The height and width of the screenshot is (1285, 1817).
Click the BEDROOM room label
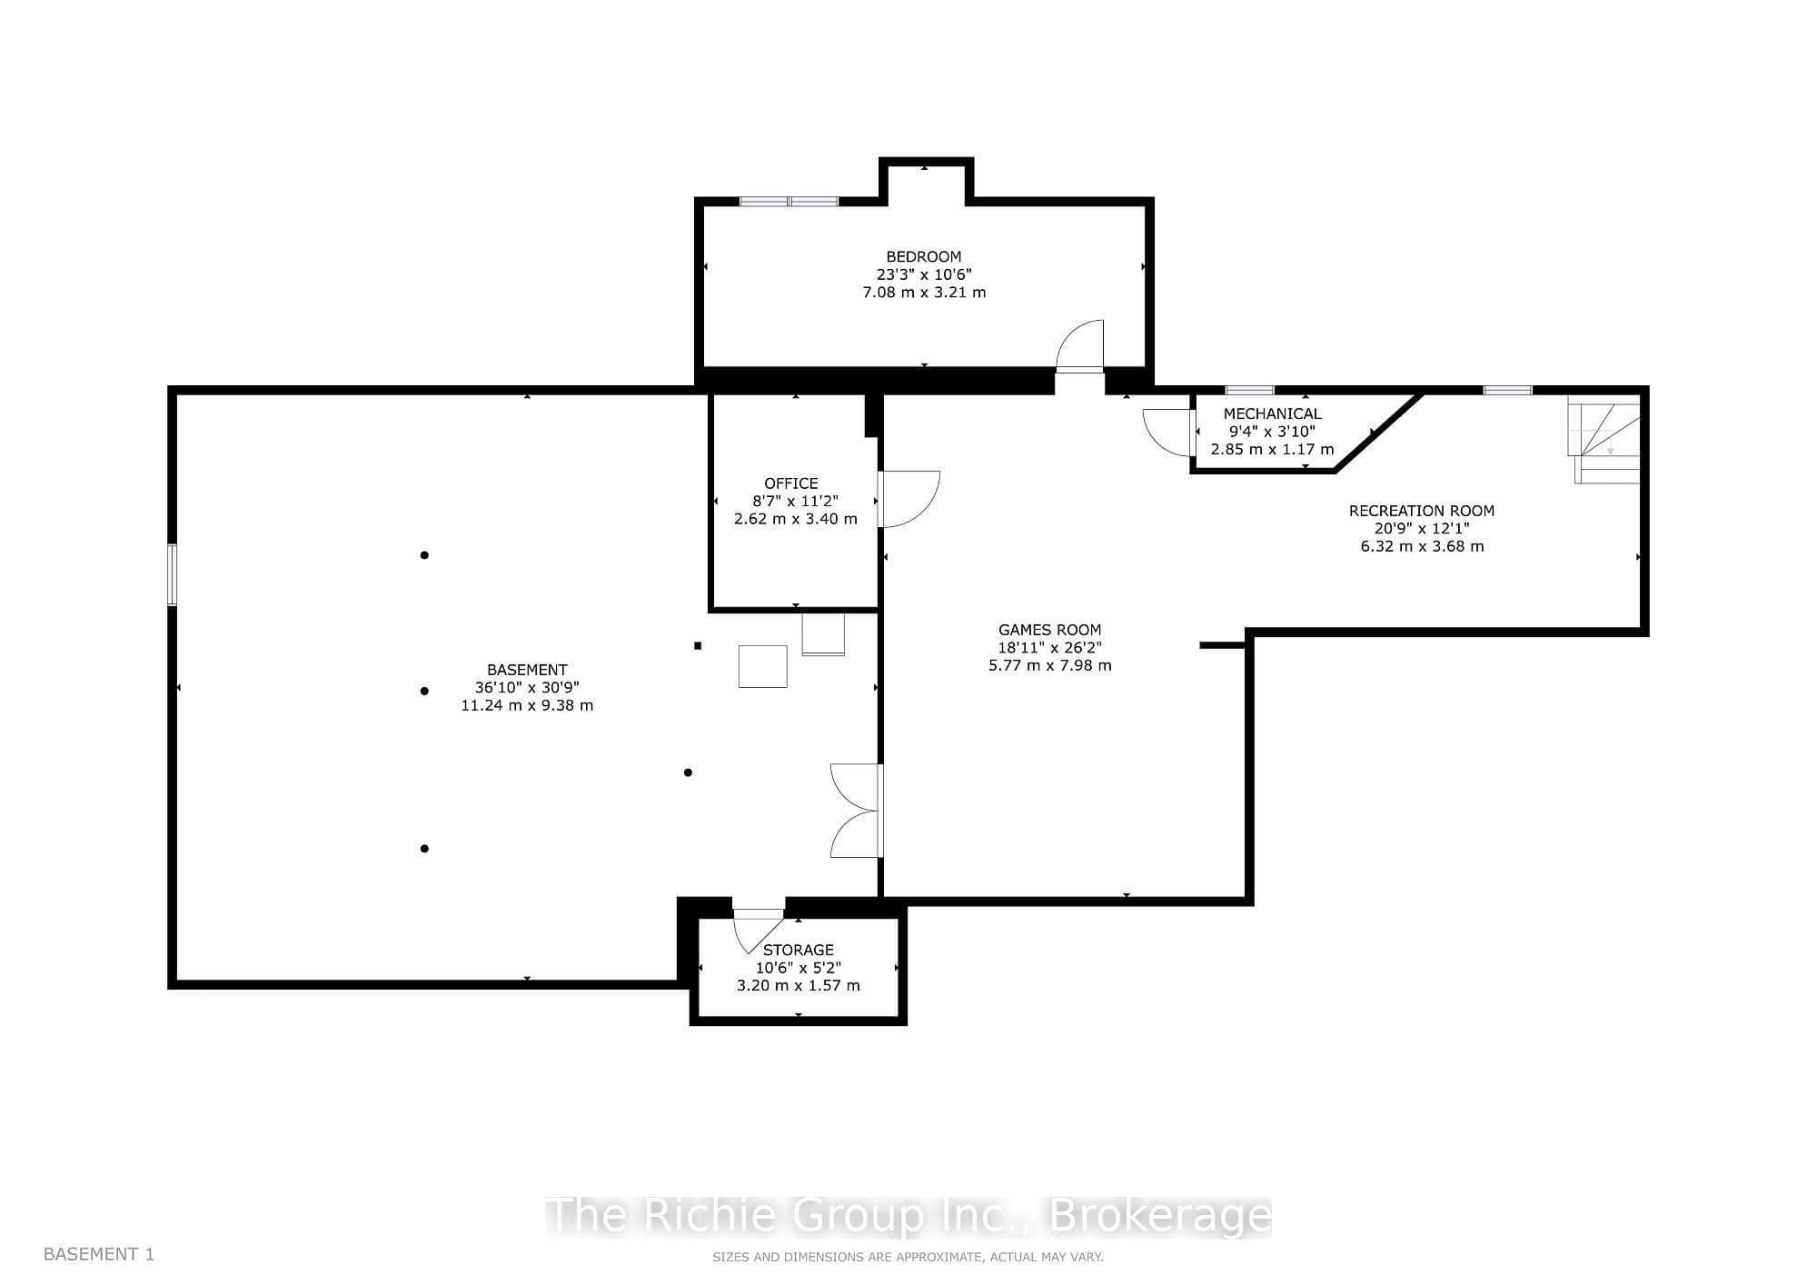923,257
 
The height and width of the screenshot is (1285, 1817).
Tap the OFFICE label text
790,483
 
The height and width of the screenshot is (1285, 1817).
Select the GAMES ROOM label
1049,630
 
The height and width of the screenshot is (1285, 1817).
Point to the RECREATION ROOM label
1421,511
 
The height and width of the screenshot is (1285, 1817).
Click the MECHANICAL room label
1272,413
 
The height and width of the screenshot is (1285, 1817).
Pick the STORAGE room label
798,950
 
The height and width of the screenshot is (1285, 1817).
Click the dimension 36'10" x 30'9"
527,688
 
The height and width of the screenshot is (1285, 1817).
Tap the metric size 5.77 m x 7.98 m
1049,665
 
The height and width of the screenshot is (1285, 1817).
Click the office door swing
908,499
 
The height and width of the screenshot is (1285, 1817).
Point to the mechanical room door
1168,433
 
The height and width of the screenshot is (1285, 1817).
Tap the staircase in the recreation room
1604,439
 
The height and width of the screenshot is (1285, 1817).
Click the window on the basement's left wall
172,574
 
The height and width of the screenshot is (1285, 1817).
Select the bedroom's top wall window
789,201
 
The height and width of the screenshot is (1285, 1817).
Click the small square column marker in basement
698,646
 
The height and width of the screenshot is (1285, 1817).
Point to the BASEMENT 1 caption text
99,1254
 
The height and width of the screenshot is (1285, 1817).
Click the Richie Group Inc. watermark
908,1216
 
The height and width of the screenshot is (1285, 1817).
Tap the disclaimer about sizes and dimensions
908,1258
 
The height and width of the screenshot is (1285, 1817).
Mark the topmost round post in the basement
424,555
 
